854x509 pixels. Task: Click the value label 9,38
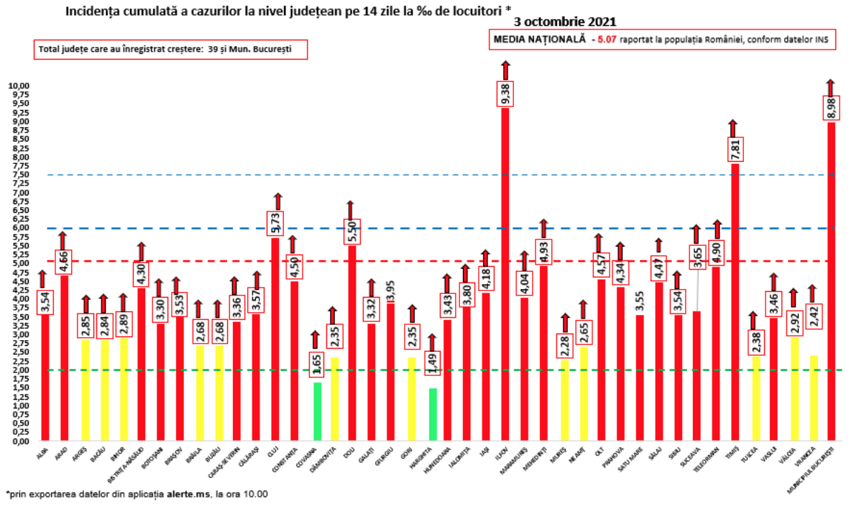(x=505, y=94)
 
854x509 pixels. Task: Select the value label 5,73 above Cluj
(x=275, y=224)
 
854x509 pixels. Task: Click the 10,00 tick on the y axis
(x=19, y=86)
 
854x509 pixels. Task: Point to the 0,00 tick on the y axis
(x=20, y=441)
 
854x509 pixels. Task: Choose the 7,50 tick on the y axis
(x=20, y=175)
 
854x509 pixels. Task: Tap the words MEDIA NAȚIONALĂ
(x=538, y=40)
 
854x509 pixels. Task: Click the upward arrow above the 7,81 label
(x=733, y=127)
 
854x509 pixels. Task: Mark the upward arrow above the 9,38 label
(x=505, y=70)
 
